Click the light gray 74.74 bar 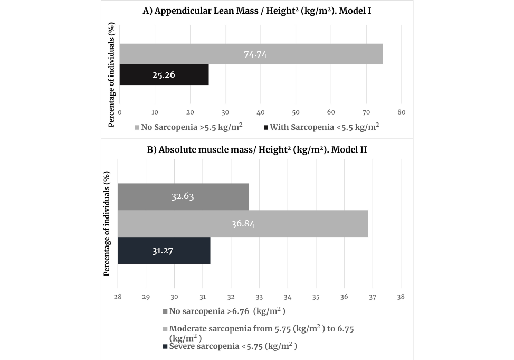point(251,54)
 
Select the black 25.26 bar point(164,75)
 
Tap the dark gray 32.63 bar point(183,196)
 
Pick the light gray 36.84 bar point(243,223)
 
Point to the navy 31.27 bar point(164,251)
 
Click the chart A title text point(257,11)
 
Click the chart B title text point(257,149)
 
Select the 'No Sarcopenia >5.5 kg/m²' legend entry point(188,127)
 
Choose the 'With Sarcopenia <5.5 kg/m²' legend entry point(321,127)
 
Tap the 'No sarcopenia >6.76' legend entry point(224,311)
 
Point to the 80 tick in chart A point(401,112)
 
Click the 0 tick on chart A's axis point(120,112)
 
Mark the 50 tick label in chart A point(296,112)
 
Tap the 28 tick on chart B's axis point(118,297)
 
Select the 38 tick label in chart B point(401,297)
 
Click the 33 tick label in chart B point(259,297)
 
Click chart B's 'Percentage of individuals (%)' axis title point(107,223)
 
